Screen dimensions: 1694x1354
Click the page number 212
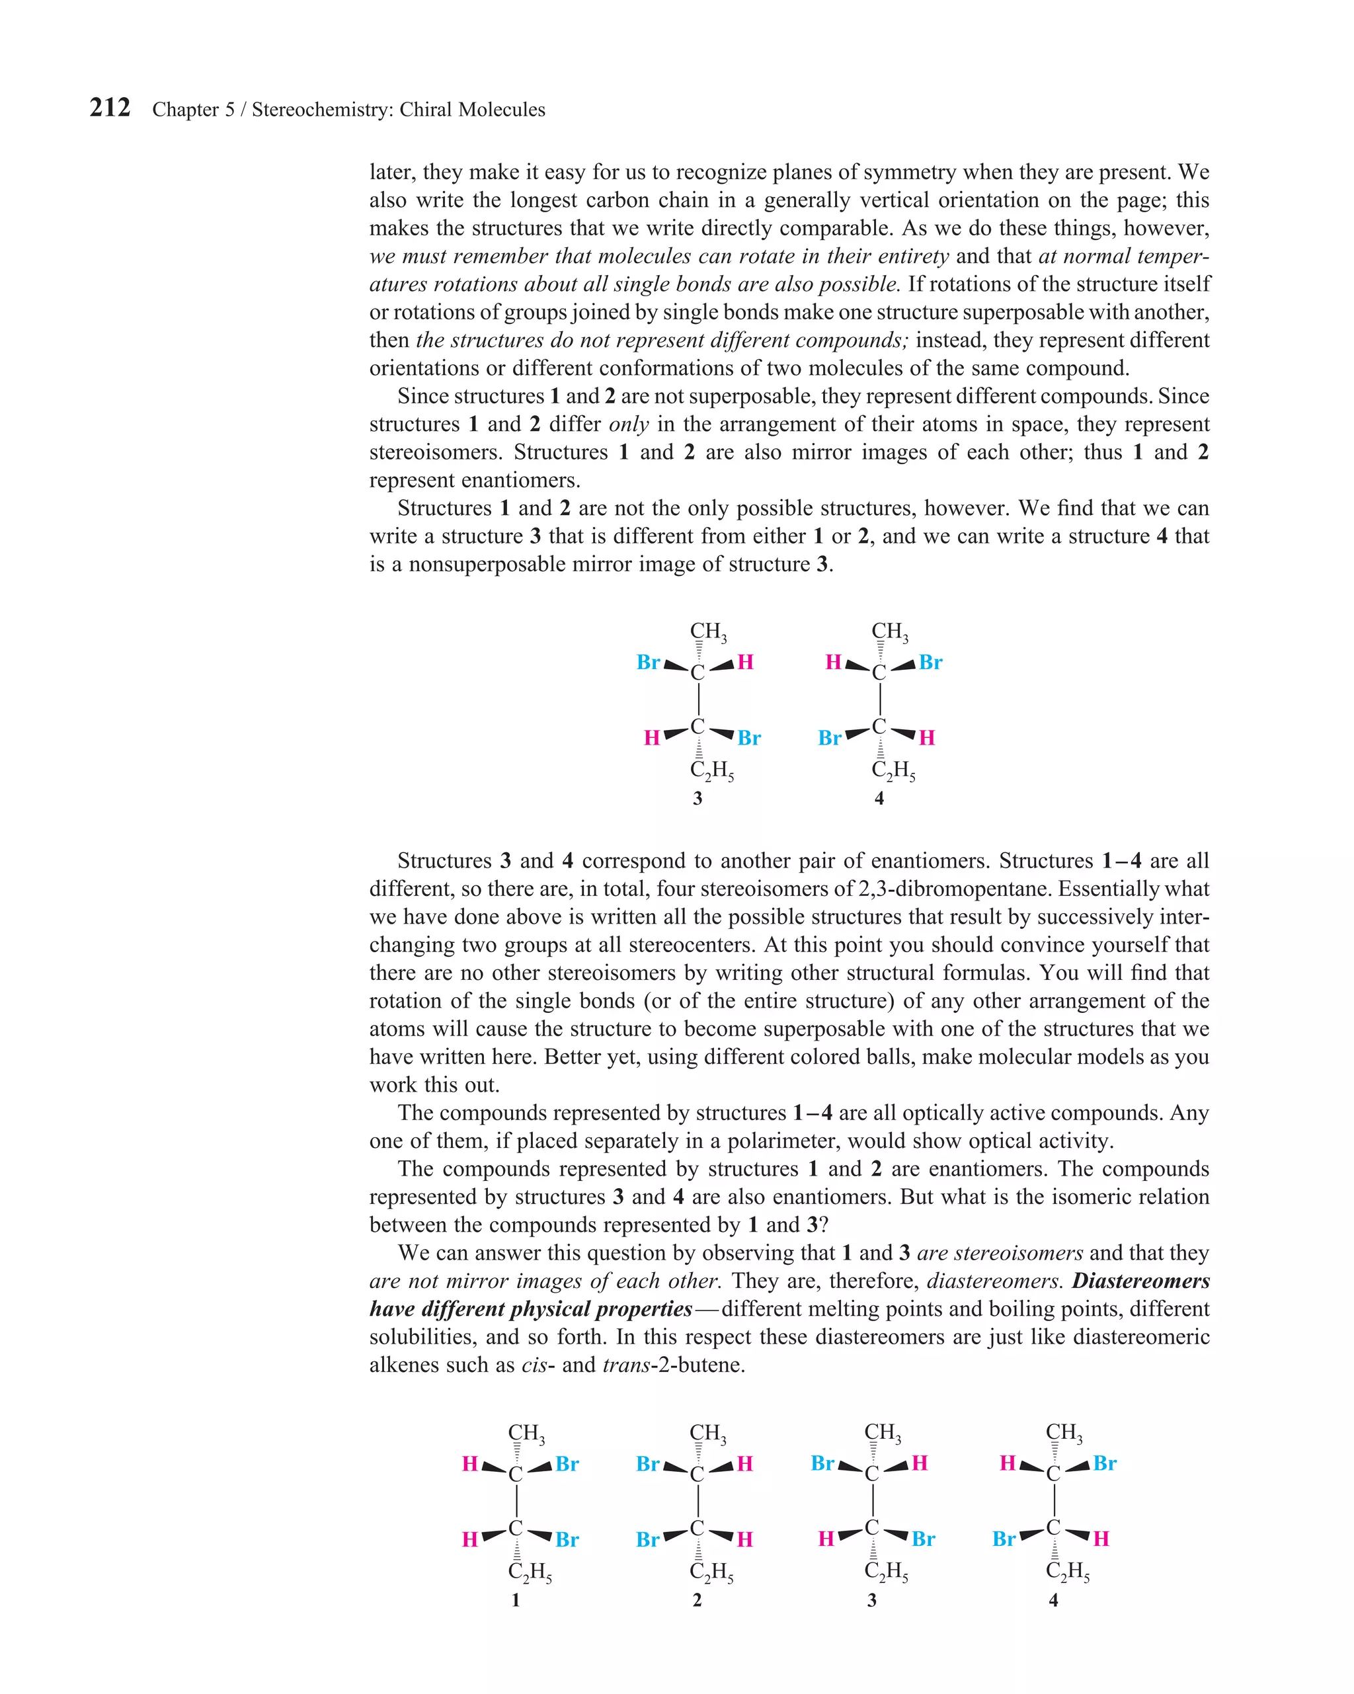point(109,108)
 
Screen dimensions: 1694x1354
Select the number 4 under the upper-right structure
point(879,798)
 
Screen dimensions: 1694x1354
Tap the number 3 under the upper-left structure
point(697,798)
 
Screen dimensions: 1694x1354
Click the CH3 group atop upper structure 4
point(889,631)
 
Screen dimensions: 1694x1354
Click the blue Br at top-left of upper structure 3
point(649,663)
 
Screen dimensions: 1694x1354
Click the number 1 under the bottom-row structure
point(516,1599)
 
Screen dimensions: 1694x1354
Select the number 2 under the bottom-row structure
point(697,1599)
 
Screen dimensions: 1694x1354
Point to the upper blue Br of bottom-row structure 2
point(649,1464)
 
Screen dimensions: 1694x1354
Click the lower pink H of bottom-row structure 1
point(470,1539)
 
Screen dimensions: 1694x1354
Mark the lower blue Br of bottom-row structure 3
point(924,1539)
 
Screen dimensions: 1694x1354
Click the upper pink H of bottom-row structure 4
point(1008,1463)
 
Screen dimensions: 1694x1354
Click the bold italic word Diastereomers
point(1140,1281)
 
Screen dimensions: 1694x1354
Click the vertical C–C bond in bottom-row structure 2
point(697,1501)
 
